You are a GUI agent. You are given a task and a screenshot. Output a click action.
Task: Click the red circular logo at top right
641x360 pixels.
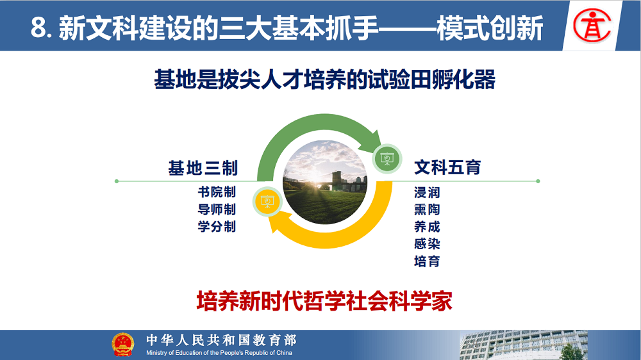pyautogui.click(x=592, y=26)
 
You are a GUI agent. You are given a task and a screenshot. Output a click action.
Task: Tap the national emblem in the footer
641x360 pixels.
pyautogui.click(x=122, y=345)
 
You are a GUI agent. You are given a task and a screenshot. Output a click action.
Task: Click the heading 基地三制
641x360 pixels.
pyautogui.click(x=203, y=168)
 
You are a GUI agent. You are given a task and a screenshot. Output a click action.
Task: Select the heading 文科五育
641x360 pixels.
pyautogui.click(x=447, y=168)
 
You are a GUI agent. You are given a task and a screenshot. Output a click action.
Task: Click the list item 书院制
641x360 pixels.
pyautogui.click(x=217, y=192)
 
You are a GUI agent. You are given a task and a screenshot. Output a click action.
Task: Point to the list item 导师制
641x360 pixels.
pyautogui.click(x=217, y=209)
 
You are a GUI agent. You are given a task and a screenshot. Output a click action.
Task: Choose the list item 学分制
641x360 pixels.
pyautogui.click(x=217, y=226)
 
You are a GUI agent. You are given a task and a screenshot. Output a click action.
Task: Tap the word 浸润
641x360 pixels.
pyautogui.click(x=427, y=192)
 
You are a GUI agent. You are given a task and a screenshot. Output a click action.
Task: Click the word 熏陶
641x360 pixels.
pyautogui.click(x=427, y=209)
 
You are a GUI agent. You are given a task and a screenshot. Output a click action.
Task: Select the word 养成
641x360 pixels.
pyautogui.click(x=427, y=226)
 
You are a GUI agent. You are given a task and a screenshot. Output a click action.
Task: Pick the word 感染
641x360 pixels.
pyautogui.click(x=427, y=243)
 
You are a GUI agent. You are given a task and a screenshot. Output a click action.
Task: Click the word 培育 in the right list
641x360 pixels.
pyautogui.click(x=427, y=261)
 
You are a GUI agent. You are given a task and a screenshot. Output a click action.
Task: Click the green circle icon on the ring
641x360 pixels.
pyautogui.click(x=387, y=159)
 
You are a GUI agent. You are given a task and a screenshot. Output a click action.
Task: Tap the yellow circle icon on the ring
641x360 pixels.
pyautogui.click(x=267, y=201)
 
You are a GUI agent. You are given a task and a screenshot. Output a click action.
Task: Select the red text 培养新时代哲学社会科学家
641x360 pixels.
pyautogui.click(x=324, y=301)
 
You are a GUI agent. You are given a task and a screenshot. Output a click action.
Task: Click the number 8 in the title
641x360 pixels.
pyautogui.click(x=38, y=28)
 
